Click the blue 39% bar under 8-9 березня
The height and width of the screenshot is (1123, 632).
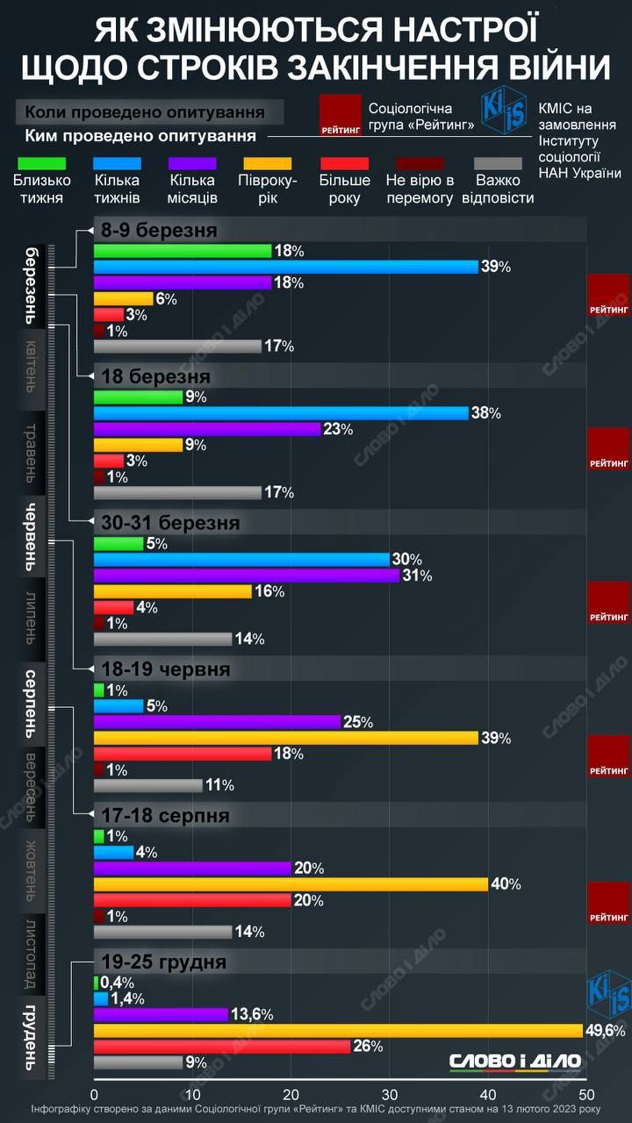tap(285, 267)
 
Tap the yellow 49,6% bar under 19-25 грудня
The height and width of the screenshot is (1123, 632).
tap(338, 1030)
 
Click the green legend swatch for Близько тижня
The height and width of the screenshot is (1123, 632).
tap(41, 162)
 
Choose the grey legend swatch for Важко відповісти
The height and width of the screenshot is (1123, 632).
tap(504, 162)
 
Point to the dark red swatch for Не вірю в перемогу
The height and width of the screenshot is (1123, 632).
tap(420, 162)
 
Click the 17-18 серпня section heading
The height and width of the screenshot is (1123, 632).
tap(166, 816)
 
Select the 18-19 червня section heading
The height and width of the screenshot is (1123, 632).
tap(166, 669)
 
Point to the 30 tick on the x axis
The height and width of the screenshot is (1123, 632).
tap(390, 1095)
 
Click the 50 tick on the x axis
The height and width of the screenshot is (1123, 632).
tap(586, 1095)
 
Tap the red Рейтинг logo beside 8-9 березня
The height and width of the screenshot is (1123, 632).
tap(609, 295)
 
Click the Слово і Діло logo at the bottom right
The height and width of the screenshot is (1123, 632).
tap(515, 1062)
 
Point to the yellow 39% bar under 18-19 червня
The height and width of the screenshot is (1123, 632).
tap(285, 738)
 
